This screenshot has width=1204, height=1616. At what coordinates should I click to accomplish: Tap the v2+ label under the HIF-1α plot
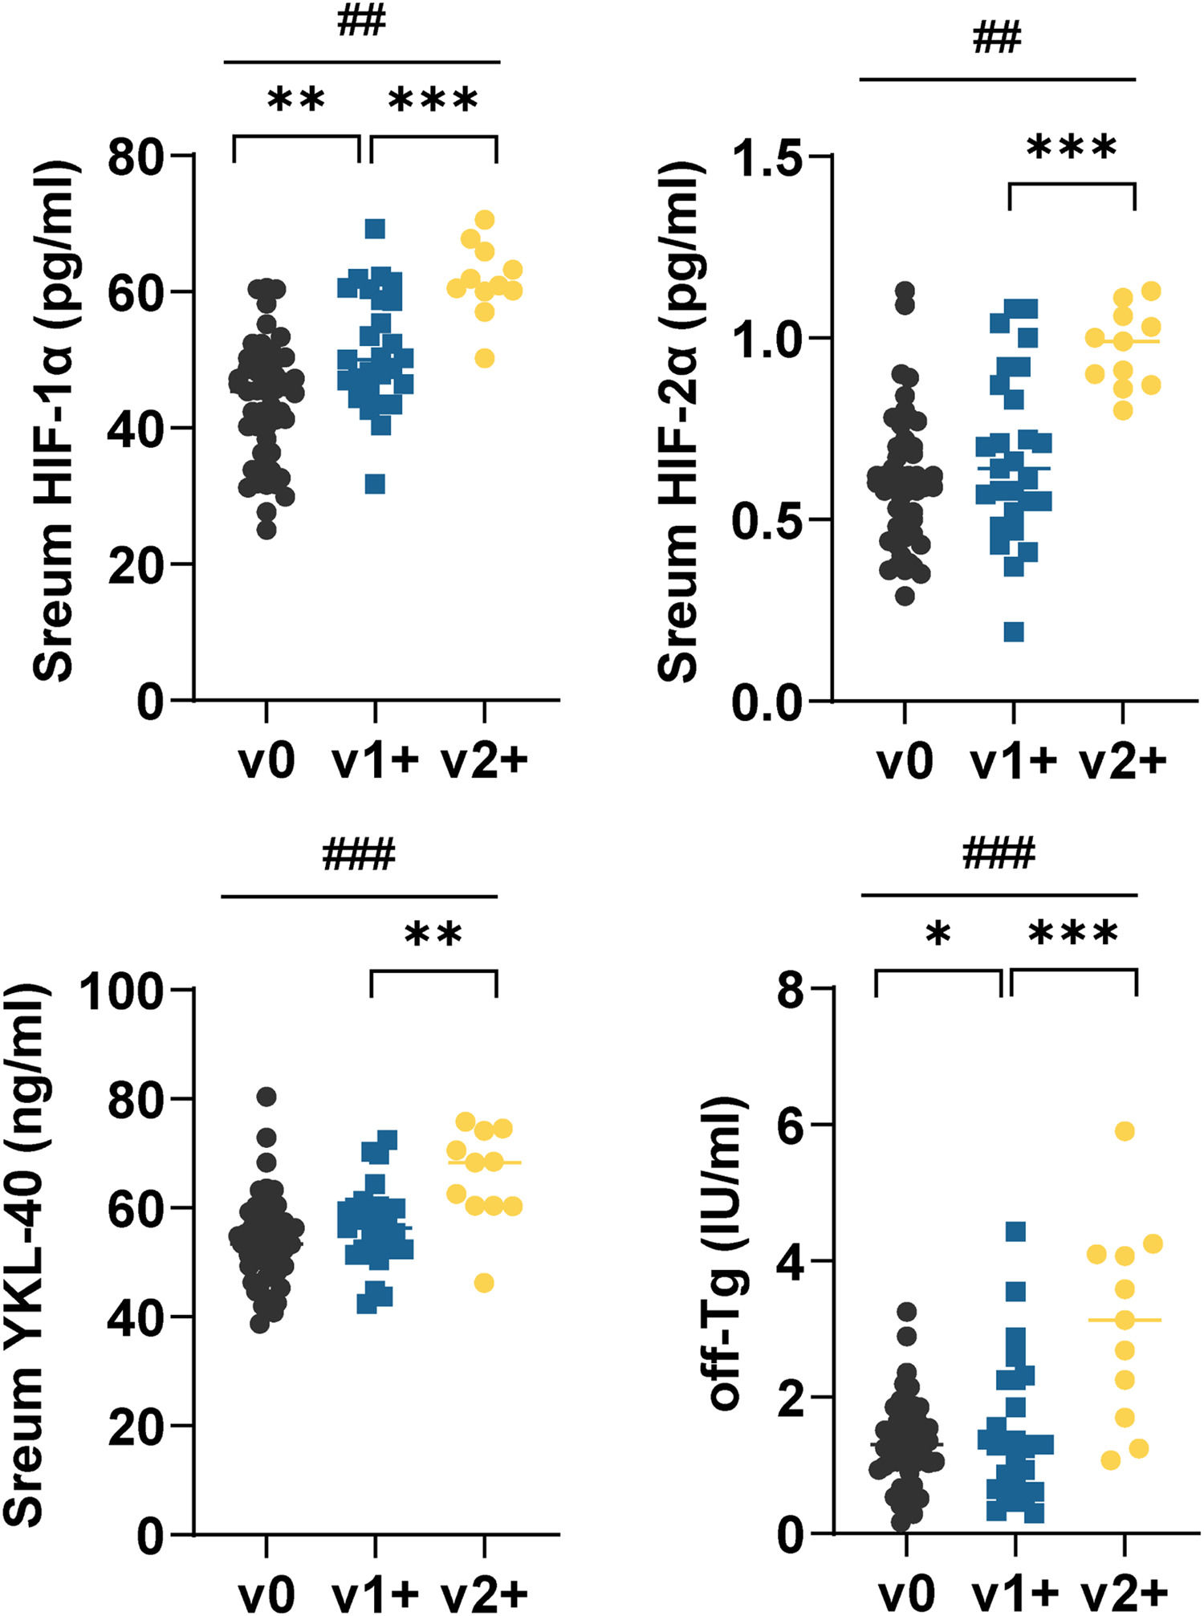pyautogui.click(x=485, y=759)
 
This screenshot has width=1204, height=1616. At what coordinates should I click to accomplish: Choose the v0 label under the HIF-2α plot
pyautogui.click(x=905, y=759)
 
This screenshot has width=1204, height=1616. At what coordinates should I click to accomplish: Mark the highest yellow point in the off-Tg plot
pyautogui.click(x=1125, y=1131)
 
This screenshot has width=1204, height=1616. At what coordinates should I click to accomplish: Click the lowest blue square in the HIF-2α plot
pyautogui.click(x=1014, y=632)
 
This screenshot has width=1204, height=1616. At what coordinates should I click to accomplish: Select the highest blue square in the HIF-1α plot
pyautogui.click(x=375, y=229)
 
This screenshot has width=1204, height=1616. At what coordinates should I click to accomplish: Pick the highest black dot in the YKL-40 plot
pyautogui.click(x=266, y=1097)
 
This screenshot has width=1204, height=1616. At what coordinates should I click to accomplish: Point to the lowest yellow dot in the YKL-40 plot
pyautogui.click(x=483, y=1283)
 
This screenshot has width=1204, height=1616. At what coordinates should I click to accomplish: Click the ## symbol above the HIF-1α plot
pyautogui.click(x=361, y=22)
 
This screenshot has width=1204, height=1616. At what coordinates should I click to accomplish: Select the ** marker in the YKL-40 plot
pyautogui.click(x=433, y=934)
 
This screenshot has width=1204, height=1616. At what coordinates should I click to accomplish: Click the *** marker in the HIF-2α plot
pyautogui.click(x=1072, y=148)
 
